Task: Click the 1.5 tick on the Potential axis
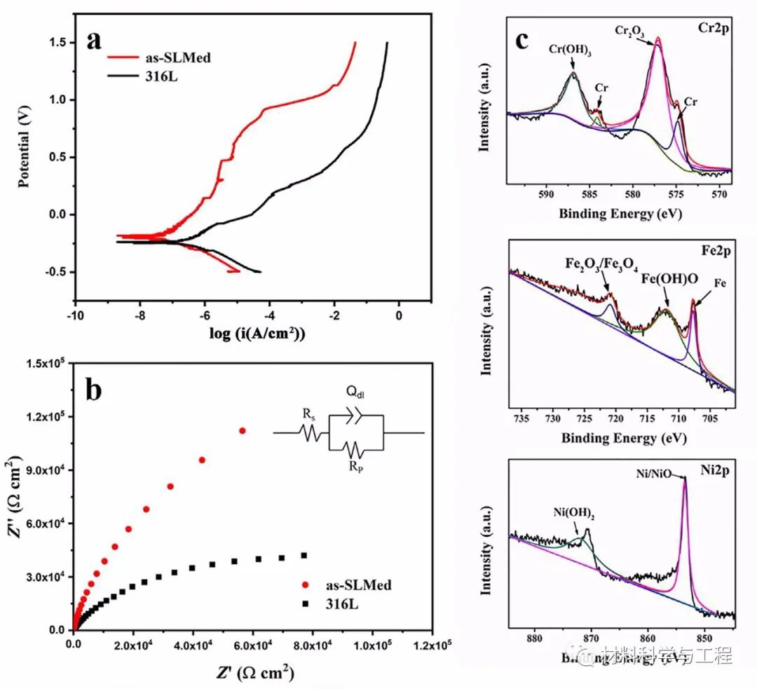(x=56, y=43)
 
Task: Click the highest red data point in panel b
(x=243, y=430)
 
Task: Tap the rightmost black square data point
(x=304, y=555)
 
